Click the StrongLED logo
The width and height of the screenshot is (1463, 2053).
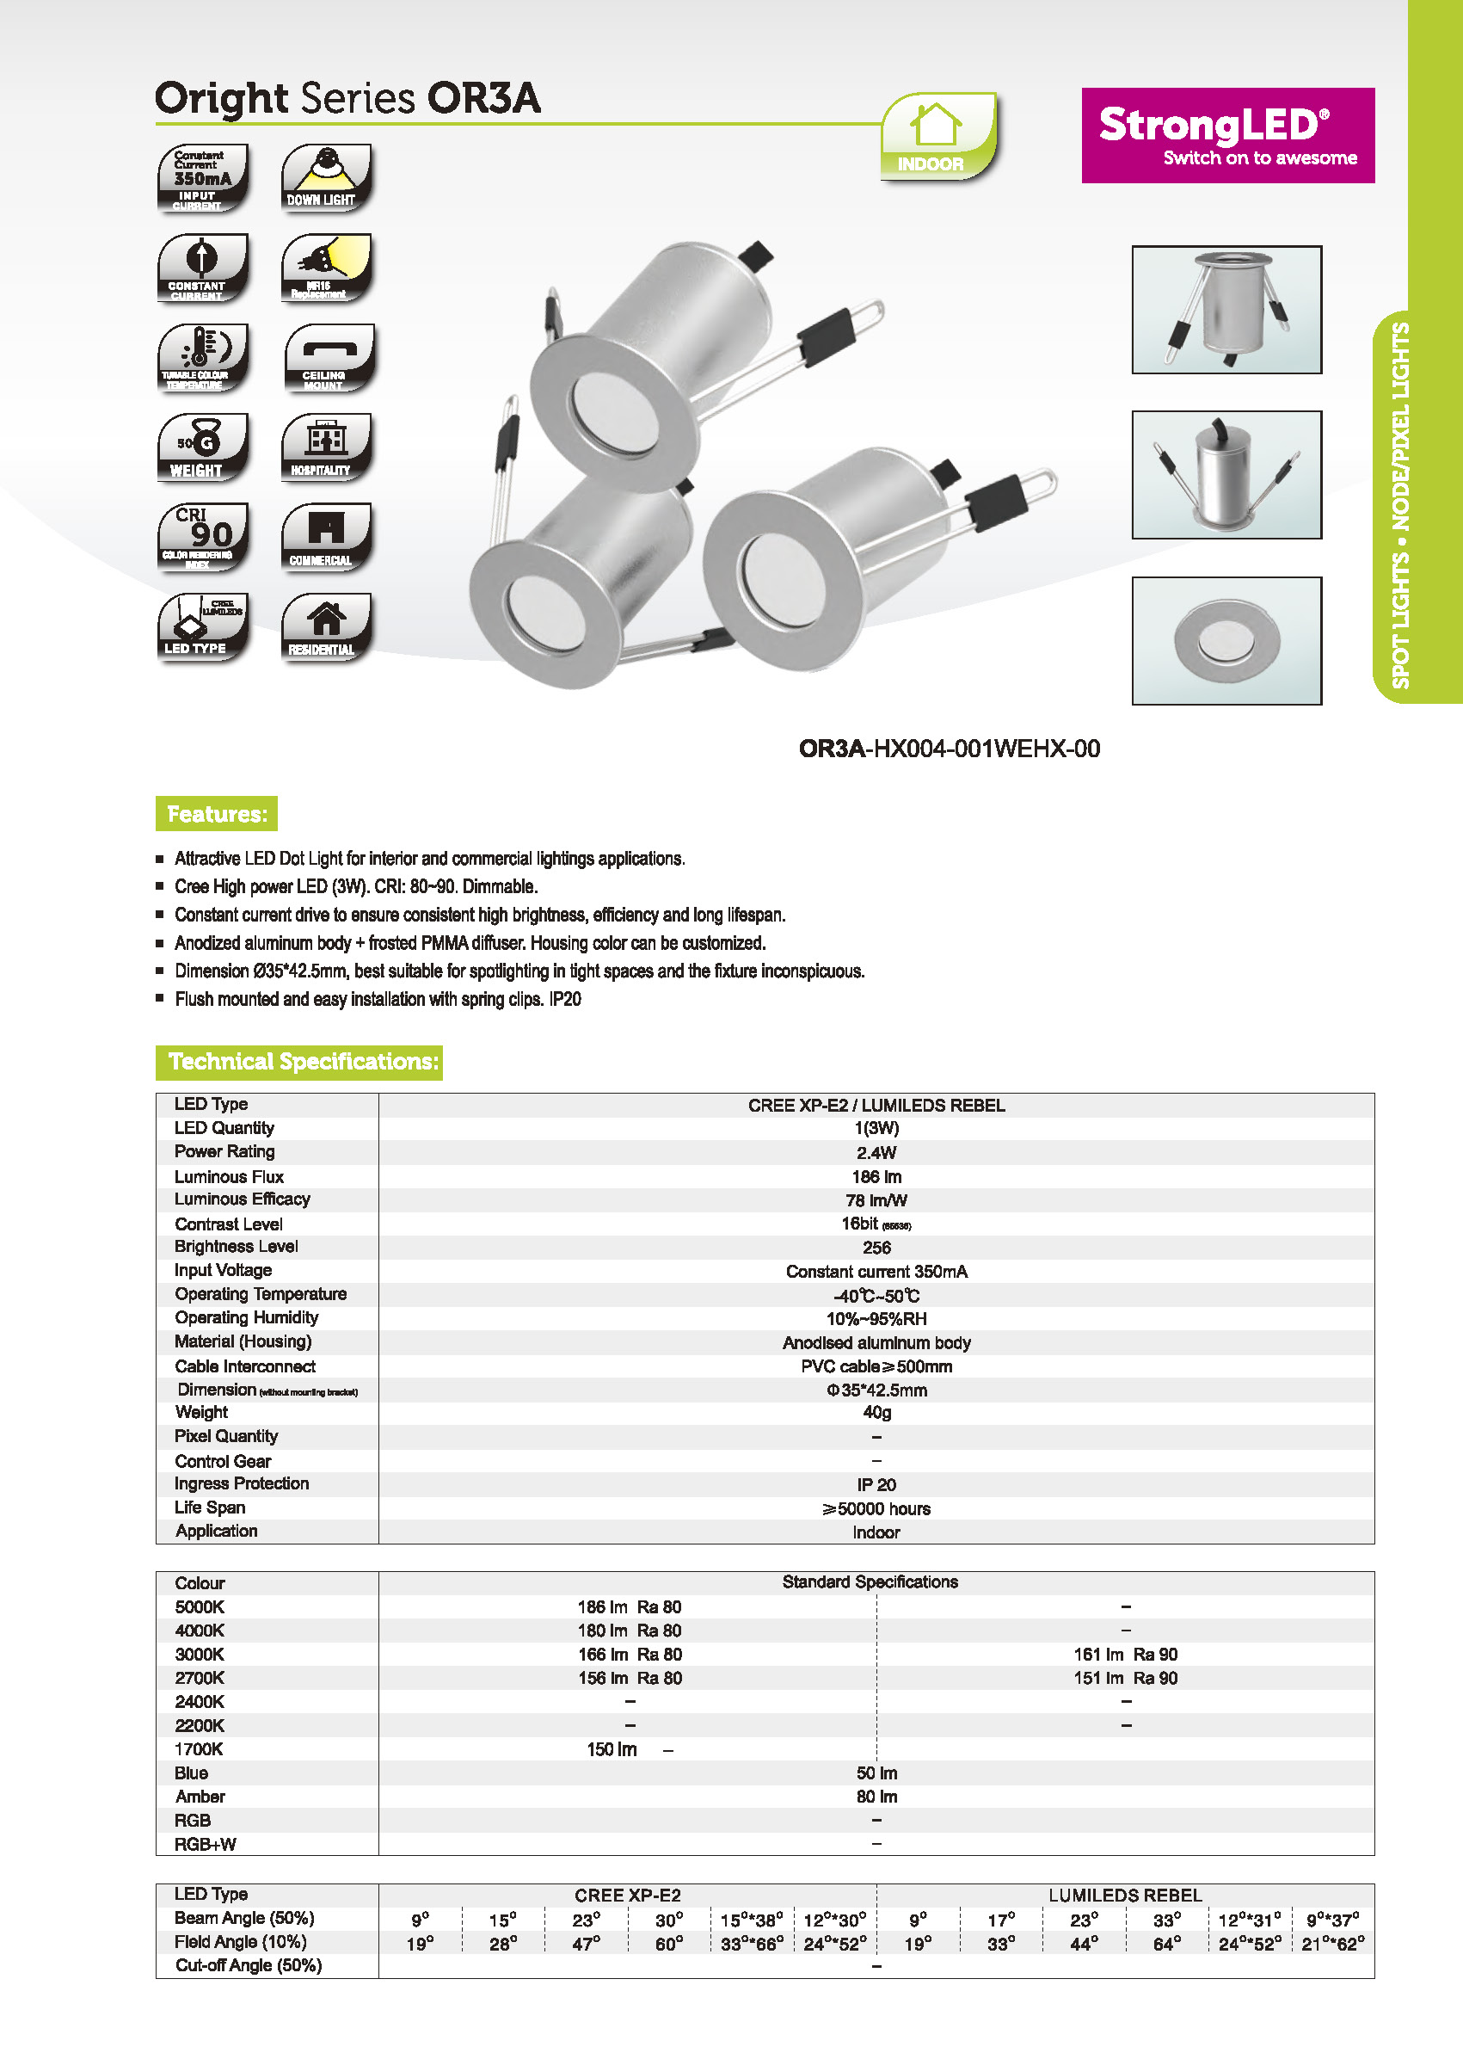click(1227, 135)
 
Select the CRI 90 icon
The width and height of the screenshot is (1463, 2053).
click(203, 537)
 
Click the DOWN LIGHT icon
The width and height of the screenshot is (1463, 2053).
click(326, 177)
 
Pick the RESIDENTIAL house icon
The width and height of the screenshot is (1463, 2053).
click(326, 627)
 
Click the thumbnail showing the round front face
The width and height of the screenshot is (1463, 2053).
click(1226, 641)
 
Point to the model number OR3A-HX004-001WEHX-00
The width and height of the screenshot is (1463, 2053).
click(949, 749)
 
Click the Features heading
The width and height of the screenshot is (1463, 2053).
click(216, 814)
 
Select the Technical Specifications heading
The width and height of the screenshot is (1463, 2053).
click(299, 1062)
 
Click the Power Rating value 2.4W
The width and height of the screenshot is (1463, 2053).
click(876, 1153)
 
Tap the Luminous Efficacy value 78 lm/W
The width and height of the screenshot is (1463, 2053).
click(876, 1200)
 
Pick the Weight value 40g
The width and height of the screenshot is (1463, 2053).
click(876, 1412)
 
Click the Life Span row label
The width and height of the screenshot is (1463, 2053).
click(210, 1507)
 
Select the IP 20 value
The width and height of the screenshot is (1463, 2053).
click(876, 1484)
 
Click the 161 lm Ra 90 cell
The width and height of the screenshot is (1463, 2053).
click(1125, 1655)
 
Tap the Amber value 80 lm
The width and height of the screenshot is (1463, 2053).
click(876, 1796)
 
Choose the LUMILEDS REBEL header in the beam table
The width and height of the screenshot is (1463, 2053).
click(1125, 1896)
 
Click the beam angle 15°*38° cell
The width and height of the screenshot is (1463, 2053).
click(752, 1920)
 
